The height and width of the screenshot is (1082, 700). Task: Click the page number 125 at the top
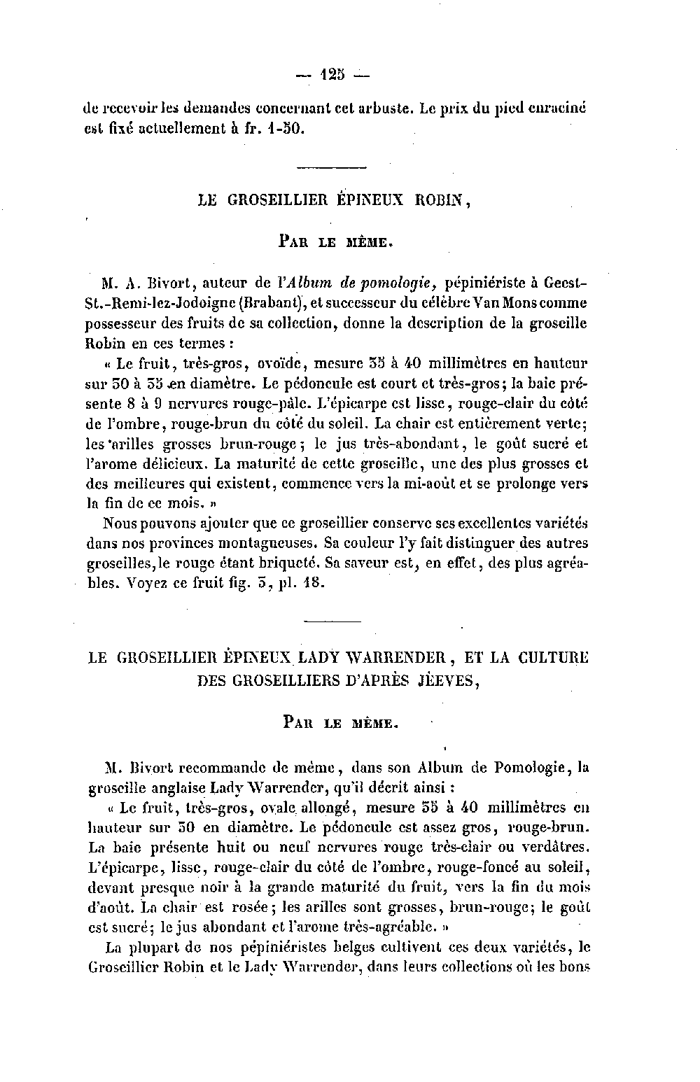coord(332,74)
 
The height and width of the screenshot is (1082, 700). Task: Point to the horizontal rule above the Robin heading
coord(332,167)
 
